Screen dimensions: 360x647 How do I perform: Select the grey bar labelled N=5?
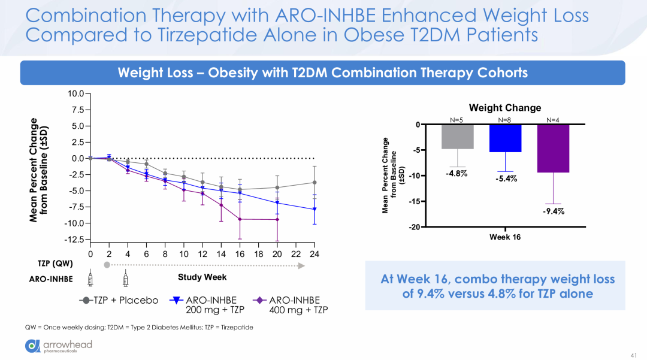456,137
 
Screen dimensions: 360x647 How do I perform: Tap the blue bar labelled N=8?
504,138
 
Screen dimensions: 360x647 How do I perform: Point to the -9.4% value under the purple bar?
554,211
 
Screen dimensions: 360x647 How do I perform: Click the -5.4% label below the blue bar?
506,179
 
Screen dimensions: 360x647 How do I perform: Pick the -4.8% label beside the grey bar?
456,173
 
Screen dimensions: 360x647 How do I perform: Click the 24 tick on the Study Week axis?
314,254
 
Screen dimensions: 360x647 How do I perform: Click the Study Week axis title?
202,277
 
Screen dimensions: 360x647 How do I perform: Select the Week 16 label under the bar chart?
504,237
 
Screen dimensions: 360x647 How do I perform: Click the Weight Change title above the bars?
504,108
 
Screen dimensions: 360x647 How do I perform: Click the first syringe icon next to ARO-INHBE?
90,279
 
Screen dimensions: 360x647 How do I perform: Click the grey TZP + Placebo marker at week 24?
314,183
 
